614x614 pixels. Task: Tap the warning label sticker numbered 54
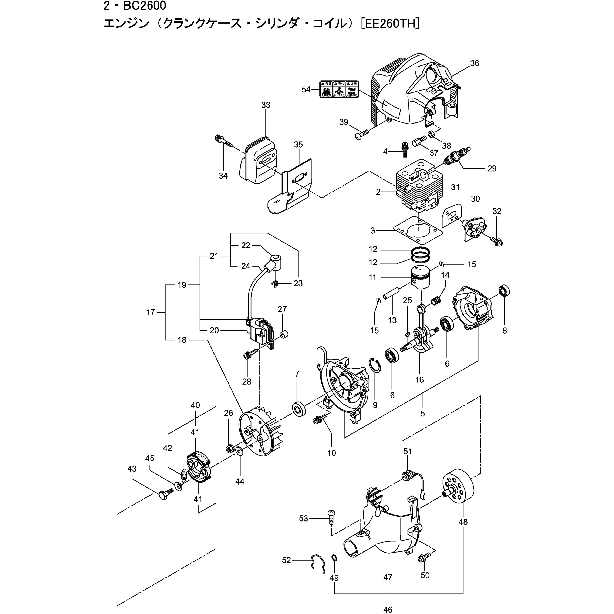tap(339, 89)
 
